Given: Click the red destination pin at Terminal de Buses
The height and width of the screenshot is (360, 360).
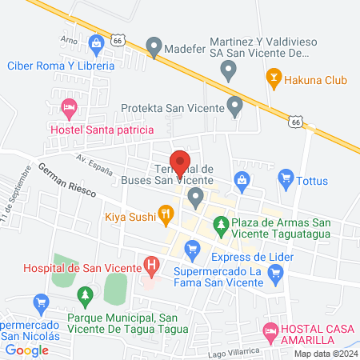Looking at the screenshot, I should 180,162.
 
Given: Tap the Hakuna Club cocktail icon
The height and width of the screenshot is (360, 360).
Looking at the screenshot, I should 273,78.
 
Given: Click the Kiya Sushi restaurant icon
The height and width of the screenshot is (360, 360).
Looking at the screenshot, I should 166,214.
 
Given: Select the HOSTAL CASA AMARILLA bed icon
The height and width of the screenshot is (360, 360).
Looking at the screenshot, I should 271,330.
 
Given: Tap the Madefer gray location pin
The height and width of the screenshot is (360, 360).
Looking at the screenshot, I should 154,46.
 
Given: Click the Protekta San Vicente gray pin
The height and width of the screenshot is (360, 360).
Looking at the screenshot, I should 234,105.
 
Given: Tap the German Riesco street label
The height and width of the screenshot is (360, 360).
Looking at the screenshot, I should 66,182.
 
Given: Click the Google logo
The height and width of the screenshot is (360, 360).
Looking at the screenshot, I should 27,350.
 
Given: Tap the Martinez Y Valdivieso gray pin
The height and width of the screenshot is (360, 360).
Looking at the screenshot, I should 228,71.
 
